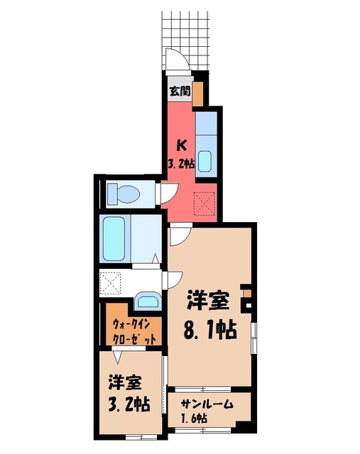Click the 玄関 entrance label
coord(180,92)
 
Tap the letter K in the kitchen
coord(182,145)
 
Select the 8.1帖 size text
coord(210,329)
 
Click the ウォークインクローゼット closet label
coord(134,331)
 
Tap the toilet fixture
coord(124,194)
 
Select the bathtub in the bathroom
coord(114,238)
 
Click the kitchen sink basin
coord(205,161)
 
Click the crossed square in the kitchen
coord(205,204)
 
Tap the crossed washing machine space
coord(110,283)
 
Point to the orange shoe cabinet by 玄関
coord(198,94)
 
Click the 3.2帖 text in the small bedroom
coord(129,405)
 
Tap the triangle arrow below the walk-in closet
coord(117,357)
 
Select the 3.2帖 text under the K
coord(181,164)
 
